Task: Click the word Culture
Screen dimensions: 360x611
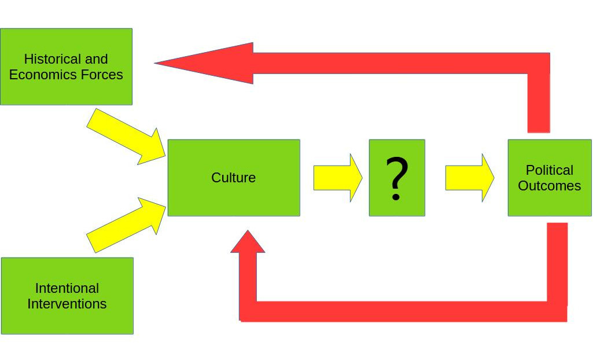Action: [233, 178]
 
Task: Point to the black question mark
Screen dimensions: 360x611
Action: [397, 178]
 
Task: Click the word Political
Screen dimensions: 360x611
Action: [549, 170]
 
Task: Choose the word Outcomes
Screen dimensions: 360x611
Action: [549, 186]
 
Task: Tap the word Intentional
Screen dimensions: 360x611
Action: [67, 288]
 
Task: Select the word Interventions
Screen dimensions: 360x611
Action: [67, 304]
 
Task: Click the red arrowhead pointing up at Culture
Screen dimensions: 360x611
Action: [248, 243]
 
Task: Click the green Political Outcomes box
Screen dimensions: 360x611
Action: [549, 203]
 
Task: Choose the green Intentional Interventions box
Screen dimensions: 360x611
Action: [67, 321]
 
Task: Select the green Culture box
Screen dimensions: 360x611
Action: [233, 200]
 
